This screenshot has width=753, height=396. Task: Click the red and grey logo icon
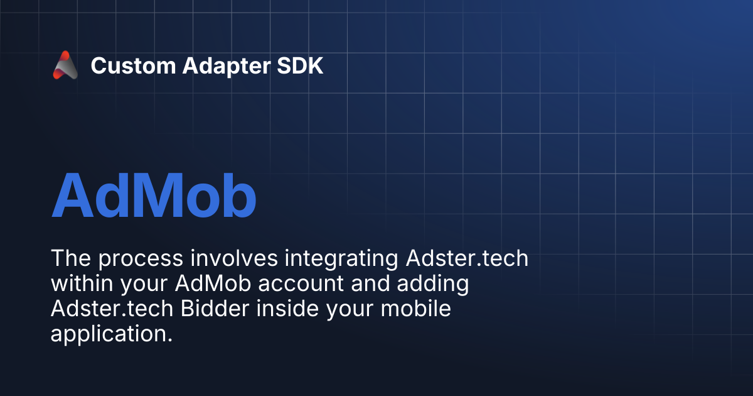(65, 65)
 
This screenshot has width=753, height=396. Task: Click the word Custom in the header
(134, 65)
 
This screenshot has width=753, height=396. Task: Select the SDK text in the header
(300, 65)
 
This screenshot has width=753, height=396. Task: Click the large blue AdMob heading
(154, 195)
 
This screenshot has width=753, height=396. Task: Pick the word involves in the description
(234, 258)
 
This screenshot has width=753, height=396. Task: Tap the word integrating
(341, 259)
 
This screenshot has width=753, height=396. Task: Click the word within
(82, 283)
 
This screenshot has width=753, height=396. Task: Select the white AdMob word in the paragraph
(213, 283)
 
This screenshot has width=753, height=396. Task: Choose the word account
(301, 284)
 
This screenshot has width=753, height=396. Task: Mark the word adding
(433, 284)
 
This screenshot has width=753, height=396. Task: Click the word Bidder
(215, 308)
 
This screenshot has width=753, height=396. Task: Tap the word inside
(287, 308)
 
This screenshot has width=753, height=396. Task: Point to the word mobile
(415, 308)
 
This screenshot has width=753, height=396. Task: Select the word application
(112, 334)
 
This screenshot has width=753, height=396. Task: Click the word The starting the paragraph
(71, 258)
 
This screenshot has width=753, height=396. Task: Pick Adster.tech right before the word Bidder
(112, 308)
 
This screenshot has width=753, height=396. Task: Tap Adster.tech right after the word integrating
(467, 258)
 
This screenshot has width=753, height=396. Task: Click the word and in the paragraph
(370, 283)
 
